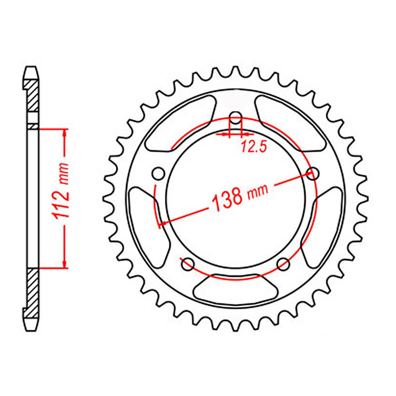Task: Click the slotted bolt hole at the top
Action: (235, 120)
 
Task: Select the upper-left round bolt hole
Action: (158, 174)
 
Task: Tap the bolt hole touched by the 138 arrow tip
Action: (313, 174)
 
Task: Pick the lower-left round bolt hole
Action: (188, 263)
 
